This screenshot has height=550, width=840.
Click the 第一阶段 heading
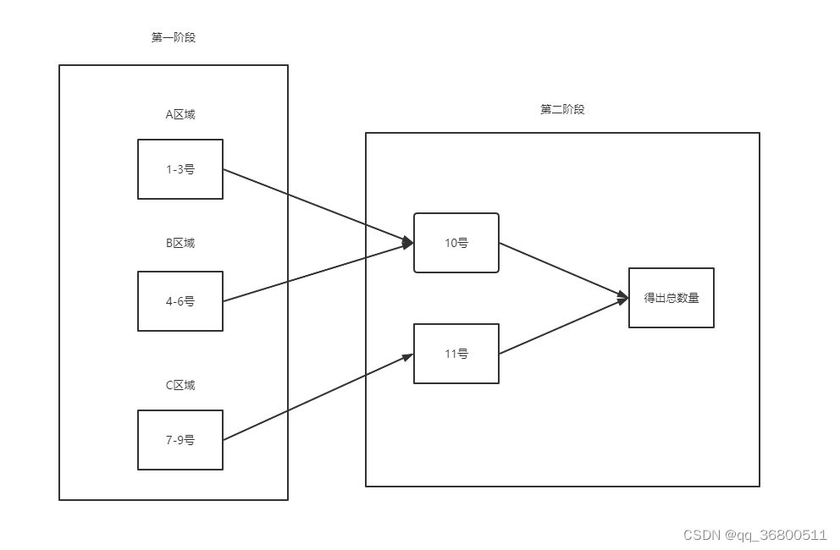point(173,37)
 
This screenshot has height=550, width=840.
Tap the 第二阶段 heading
point(562,109)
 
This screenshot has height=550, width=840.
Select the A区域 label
point(180,114)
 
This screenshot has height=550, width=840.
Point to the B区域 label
point(180,243)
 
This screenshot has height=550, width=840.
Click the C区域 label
point(180,385)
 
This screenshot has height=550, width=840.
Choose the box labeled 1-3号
point(180,169)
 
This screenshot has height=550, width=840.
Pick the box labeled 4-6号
point(180,301)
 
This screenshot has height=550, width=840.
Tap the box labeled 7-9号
point(180,440)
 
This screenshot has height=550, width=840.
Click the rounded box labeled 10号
point(456,243)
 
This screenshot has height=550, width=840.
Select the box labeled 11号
point(456,354)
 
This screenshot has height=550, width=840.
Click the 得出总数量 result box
point(671,298)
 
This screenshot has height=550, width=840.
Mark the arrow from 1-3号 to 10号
point(318,206)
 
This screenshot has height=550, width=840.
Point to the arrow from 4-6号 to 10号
point(318,272)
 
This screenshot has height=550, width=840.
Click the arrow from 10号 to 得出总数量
point(563,270)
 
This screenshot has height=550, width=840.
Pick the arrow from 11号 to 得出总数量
point(563,326)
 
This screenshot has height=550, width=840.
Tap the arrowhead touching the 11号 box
point(408,356)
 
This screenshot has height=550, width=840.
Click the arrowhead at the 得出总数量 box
point(623,297)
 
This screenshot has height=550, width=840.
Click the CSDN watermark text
point(754,535)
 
